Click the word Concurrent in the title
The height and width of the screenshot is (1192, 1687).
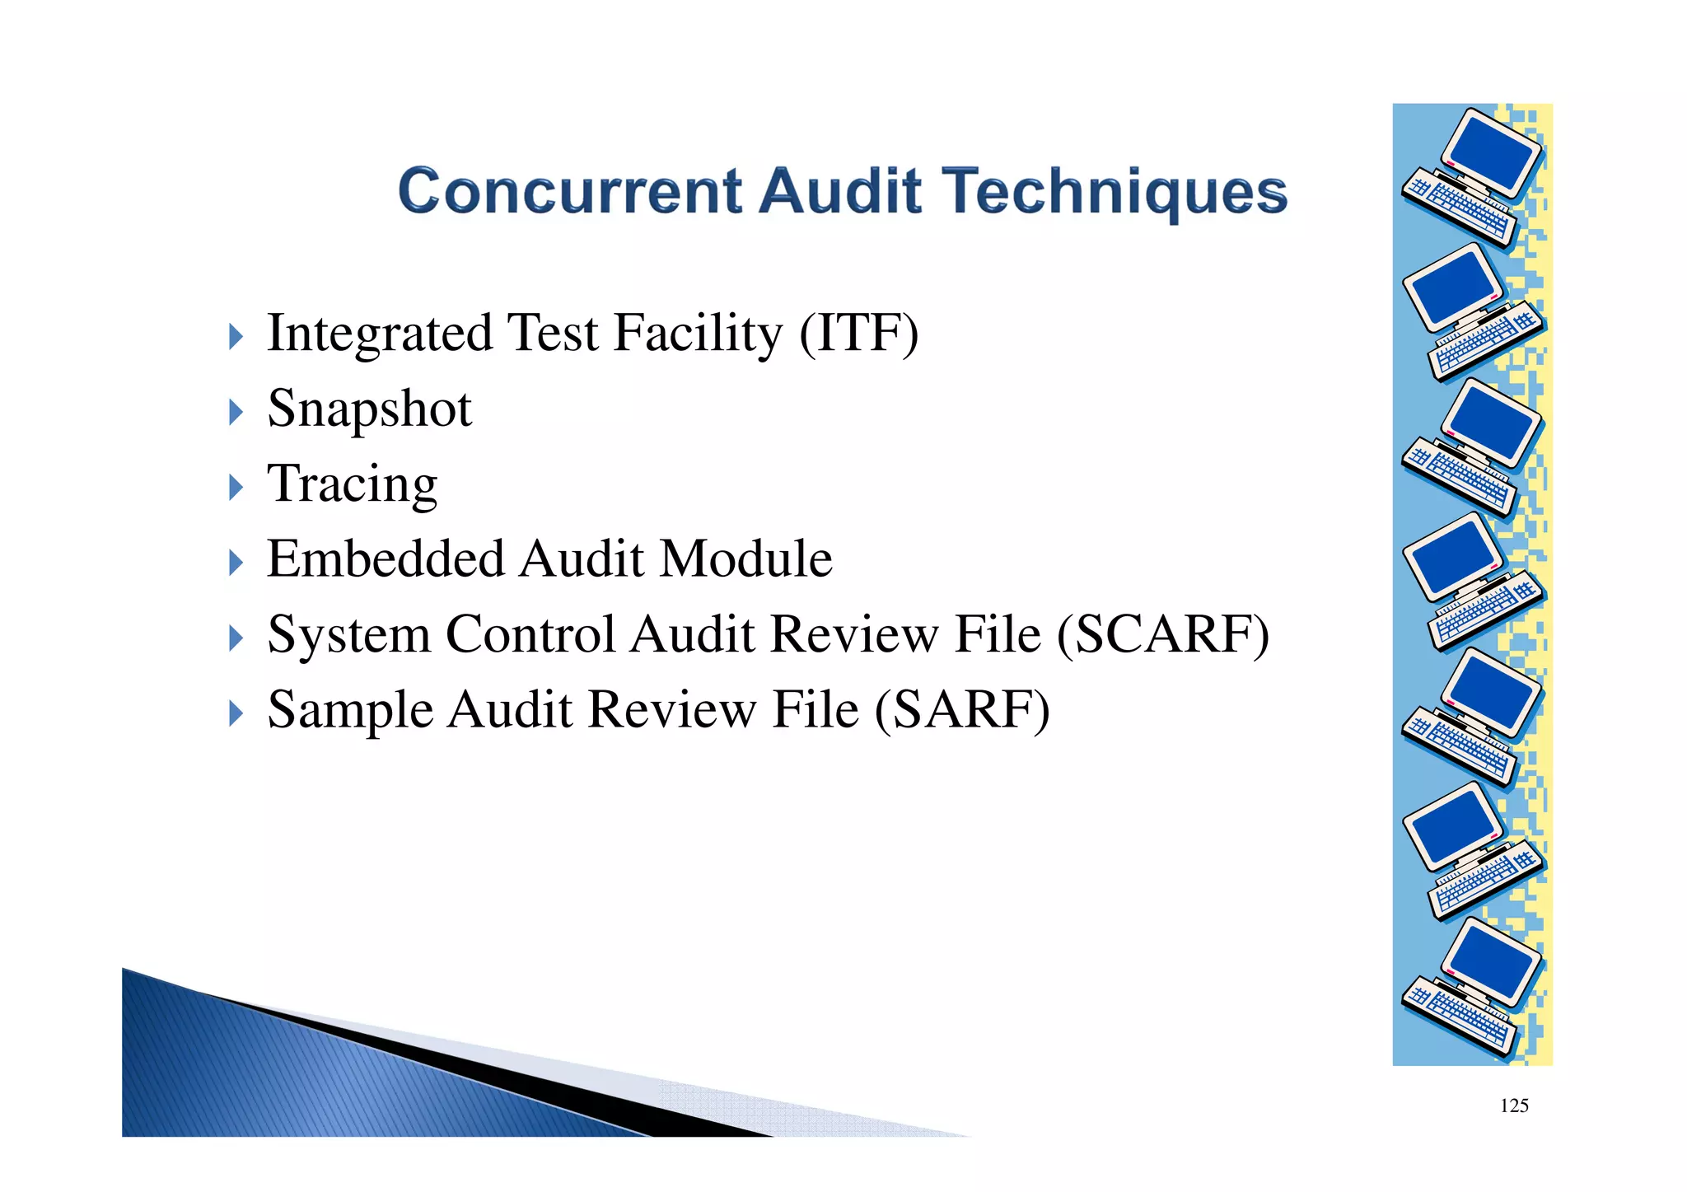569,191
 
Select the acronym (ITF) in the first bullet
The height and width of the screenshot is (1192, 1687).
858,333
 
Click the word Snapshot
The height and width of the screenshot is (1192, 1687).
370,409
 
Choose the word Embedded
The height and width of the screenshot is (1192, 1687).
386,559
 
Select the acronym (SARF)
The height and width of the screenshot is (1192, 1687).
961,709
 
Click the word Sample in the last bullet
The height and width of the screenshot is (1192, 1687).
350,710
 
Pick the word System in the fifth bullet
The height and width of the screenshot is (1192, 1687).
349,635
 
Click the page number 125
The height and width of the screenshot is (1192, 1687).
1514,1106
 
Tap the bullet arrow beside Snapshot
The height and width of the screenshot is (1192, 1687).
236,412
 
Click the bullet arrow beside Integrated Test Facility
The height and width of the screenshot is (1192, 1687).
236,336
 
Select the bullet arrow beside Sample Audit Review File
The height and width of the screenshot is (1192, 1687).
236,713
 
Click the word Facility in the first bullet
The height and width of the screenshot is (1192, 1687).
698,334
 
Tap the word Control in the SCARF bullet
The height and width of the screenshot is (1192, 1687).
530,634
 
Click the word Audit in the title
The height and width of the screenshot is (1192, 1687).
839,191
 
